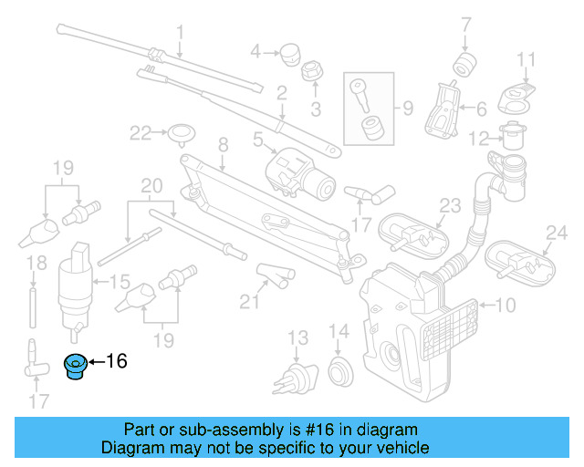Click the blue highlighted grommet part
click(73, 365)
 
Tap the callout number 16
click(116, 361)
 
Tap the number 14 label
click(339, 331)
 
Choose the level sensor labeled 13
click(295, 375)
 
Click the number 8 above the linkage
click(222, 144)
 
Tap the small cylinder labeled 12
click(512, 138)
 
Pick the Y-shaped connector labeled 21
click(271, 272)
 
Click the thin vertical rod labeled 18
click(35, 300)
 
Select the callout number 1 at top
click(180, 34)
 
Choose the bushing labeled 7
click(466, 64)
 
